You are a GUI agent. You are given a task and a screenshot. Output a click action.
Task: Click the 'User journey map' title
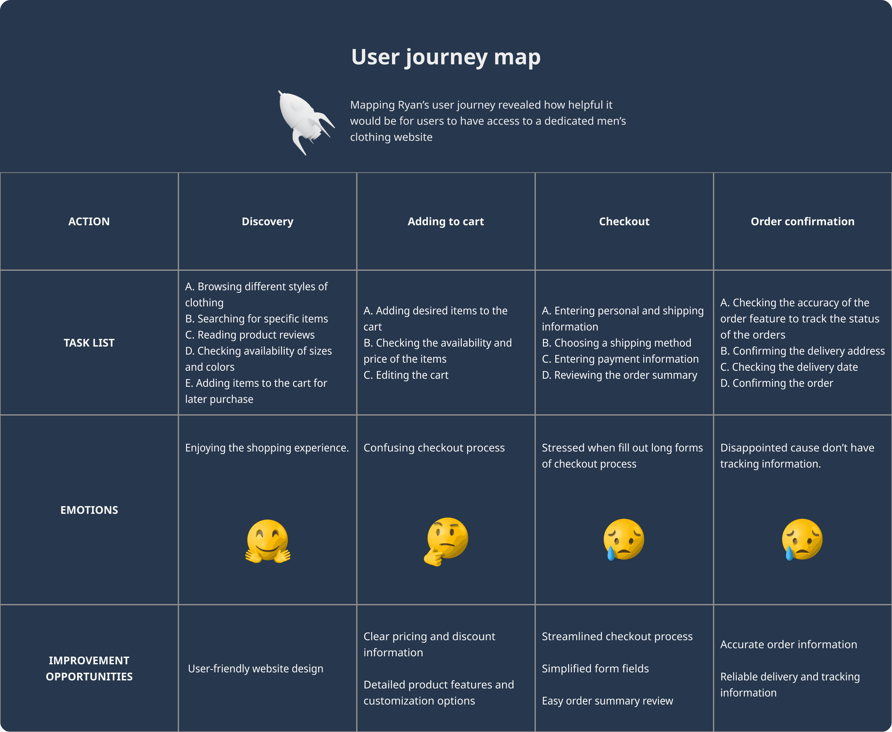pyautogui.click(x=446, y=57)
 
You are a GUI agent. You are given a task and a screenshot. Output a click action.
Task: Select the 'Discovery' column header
pyautogui.click(x=268, y=221)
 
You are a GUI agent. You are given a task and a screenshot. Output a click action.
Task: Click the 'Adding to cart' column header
pyautogui.click(x=446, y=221)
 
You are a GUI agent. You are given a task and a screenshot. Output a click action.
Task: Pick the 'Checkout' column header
pyautogui.click(x=624, y=221)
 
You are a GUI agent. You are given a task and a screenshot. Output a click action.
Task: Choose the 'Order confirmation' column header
pyautogui.click(x=802, y=221)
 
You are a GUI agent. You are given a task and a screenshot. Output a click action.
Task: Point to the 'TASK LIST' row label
pyautogui.click(x=89, y=343)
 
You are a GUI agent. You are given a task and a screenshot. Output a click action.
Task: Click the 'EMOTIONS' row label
pyautogui.click(x=89, y=510)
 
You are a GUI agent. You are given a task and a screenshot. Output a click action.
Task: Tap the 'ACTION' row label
pyautogui.click(x=89, y=221)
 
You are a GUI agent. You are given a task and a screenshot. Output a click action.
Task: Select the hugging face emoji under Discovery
pyautogui.click(x=268, y=541)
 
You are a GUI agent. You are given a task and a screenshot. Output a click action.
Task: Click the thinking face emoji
pyautogui.click(x=446, y=541)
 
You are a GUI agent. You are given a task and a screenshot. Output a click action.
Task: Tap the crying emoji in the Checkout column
pyautogui.click(x=624, y=539)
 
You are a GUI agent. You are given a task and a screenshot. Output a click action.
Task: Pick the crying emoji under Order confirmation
pyautogui.click(x=802, y=539)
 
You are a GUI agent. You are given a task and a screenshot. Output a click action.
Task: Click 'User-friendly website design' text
pyautogui.click(x=256, y=669)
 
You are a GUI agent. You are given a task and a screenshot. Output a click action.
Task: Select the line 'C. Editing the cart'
pyautogui.click(x=406, y=375)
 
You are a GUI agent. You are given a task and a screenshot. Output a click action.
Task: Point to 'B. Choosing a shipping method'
pyautogui.click(x=616, y=343)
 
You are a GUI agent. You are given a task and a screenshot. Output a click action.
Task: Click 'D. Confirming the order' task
pyautogui.click(x=776, y=383)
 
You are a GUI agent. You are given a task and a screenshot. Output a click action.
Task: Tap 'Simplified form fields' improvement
pyautogui.click(x=595, y=669)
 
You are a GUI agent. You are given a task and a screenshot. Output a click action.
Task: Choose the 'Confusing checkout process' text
pyautogui.click(x=434, y=448)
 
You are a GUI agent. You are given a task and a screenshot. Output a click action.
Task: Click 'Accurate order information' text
pyautogui.click(x=788, y=644)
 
